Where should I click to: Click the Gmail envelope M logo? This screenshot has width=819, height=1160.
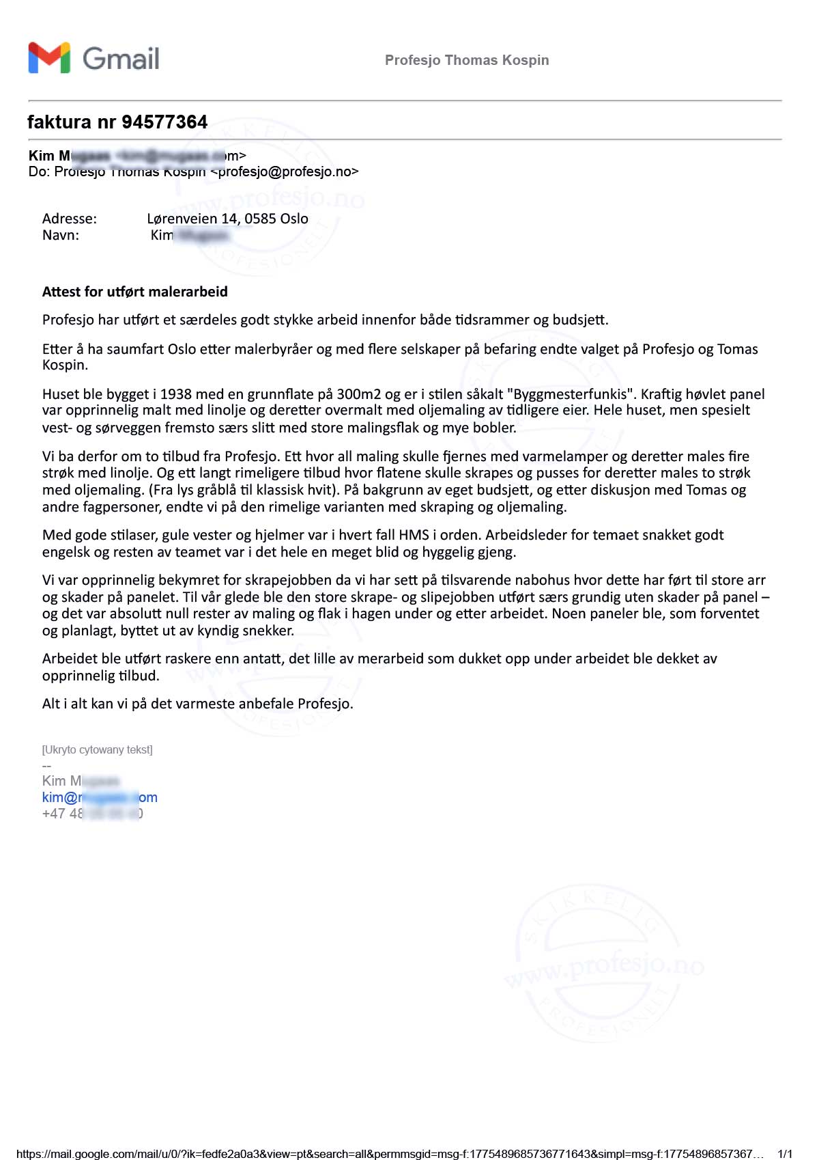[x=49, y=58]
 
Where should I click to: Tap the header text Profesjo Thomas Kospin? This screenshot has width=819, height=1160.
[x=467, y=60]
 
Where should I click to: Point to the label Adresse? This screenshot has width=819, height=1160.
[x=70, y=219]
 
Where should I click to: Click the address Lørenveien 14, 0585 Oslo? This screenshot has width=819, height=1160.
[x=227, y=219]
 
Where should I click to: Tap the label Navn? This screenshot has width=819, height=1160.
[x=61, y=236]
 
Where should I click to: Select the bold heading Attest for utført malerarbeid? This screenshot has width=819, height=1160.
[x=135, y=292]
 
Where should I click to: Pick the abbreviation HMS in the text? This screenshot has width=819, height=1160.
[x=414, y=535]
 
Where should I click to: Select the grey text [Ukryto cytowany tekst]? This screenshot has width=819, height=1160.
[x=97, y=749]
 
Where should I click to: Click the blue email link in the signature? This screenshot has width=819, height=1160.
[x=100, y=797]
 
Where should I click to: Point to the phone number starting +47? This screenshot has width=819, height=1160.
[x=92, y=814]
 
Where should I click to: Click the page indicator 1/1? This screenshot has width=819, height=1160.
[x=785, y=1154]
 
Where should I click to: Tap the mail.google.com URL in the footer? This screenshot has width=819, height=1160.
[x=389, y=1154]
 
